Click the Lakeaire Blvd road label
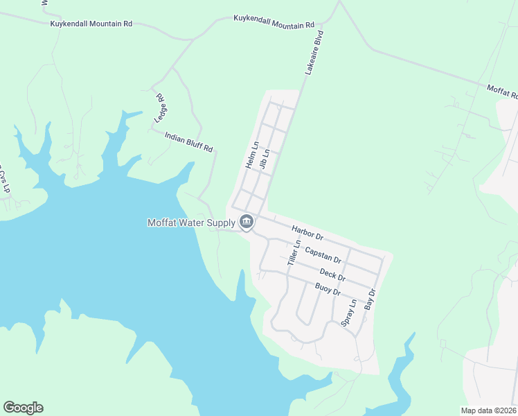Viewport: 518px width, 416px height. tap(314, 52)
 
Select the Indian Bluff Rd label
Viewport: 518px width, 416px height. tap(188, 142)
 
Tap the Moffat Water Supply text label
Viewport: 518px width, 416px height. tap(191, 223)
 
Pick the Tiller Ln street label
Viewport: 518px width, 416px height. tap(294, 254)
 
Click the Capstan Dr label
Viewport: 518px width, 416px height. tap(323, 254)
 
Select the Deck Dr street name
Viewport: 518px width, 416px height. tap(332, 275)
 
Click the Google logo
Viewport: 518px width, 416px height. tap(23, 408)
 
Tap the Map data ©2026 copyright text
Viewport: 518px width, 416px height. tap(488, 410)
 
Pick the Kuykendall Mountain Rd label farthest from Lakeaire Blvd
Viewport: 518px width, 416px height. tap(91, 24)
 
